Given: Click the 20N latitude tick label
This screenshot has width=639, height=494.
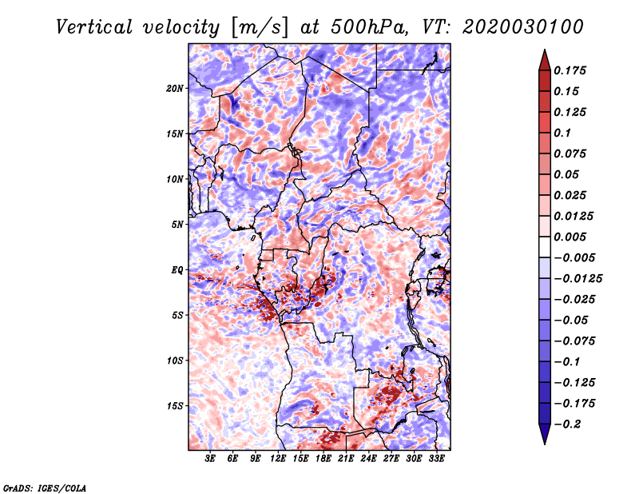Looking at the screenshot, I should point(175,88).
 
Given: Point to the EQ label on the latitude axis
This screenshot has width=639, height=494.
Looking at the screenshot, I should point(177,270).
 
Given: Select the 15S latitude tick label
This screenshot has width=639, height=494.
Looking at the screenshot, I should point(175,406).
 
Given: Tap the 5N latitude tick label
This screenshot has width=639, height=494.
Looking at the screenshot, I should point(177,225).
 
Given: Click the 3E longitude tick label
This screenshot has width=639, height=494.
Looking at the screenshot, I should point(211,459).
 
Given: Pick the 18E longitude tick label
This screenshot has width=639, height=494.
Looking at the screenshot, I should point(323,459).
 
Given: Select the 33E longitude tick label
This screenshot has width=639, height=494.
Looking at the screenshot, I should point(436,459).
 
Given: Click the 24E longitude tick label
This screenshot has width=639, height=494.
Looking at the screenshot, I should point(368,459).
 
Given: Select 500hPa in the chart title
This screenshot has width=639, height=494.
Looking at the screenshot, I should point(349,26).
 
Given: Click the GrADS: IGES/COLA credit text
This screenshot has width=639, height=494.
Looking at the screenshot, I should point(44,487).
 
